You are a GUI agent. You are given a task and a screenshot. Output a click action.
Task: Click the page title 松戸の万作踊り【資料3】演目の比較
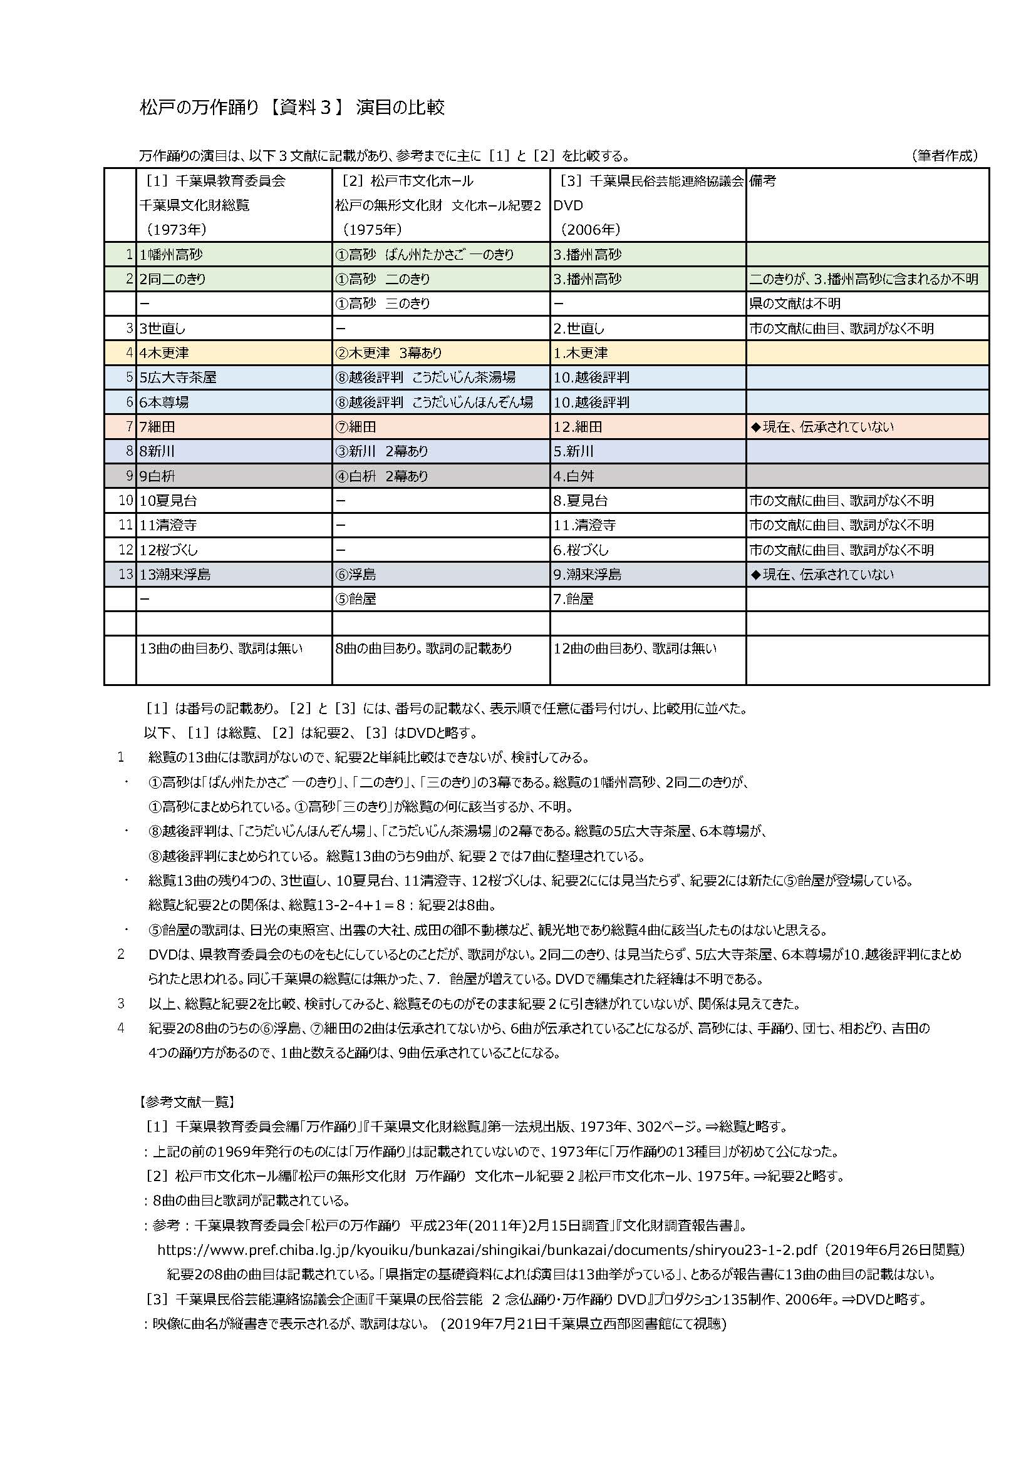click(x=291, y=107)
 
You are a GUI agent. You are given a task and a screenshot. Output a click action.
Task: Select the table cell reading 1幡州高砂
click(x=172, y=254)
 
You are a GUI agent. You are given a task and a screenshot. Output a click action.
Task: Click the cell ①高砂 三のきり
click(x=383, y=304)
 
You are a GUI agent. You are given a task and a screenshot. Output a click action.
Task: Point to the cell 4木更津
click(x=165, y=352)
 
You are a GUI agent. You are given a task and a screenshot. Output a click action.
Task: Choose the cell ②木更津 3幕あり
click(x=388, y=352)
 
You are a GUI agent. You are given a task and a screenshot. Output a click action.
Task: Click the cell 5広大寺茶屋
click(x=179, y=377)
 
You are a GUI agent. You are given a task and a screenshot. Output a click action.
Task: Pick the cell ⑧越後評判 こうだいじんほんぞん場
click(x=434, y=402)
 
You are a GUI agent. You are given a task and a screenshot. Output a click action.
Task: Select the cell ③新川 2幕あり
click(x=381, y=451)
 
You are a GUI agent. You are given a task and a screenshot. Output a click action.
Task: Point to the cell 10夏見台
click(x=168, y=501)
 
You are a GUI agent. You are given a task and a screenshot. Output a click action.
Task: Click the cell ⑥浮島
click(x=355, y=575)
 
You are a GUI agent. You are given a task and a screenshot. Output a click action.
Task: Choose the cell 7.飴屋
click(x=573, y=599)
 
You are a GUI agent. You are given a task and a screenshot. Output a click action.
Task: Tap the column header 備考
click(x=763, y=181)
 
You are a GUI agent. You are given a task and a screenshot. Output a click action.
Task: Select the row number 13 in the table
click(x=126, y=575)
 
